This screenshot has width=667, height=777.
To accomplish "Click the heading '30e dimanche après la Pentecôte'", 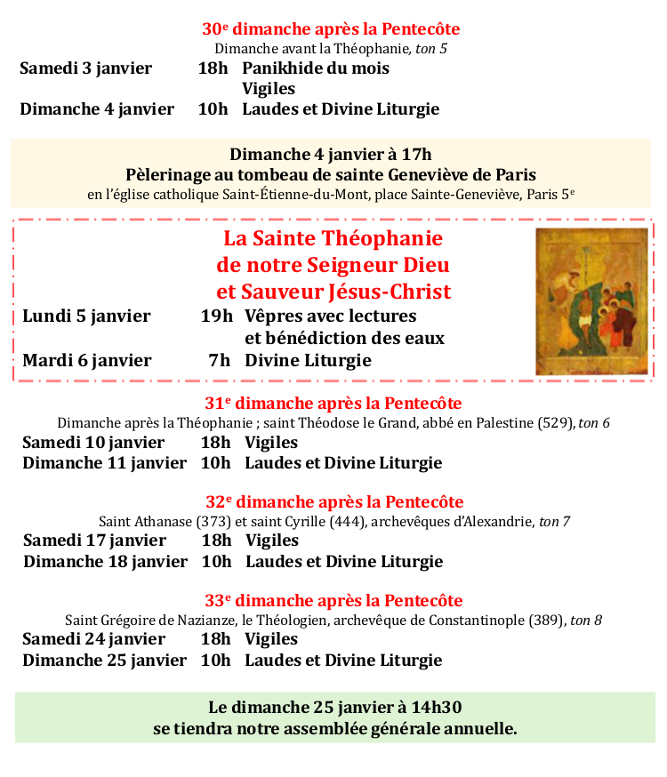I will point(331,29).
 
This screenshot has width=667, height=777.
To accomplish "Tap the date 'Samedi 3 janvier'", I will point(85,68).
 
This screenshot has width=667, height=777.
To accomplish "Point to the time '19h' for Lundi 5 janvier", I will point(217,316).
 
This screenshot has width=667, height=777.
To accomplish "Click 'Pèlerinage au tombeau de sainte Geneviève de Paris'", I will point(331,174).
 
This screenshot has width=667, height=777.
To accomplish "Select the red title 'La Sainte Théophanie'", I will point(333,238).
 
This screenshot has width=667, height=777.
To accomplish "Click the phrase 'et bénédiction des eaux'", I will point(345,338).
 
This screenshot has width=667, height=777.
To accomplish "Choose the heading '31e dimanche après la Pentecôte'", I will point(333,404).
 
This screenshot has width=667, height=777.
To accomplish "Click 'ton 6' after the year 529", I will point(594,423).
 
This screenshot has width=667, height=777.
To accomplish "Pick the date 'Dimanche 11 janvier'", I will point(104,463).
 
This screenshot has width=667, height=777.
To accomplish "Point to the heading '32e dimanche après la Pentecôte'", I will point(334,502).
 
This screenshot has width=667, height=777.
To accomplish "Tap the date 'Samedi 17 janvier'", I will point(94,541).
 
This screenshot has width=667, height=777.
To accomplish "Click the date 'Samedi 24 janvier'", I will point(93,639).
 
